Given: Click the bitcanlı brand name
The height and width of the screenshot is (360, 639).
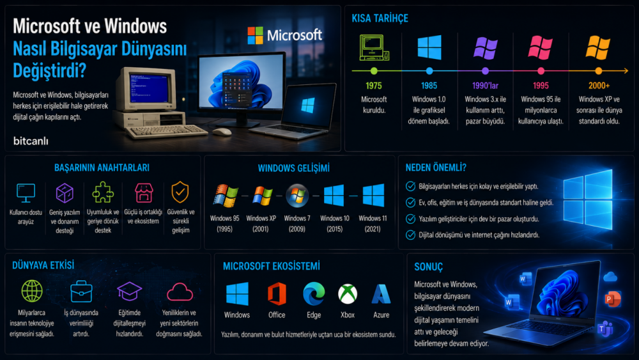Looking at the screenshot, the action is coord(31,141).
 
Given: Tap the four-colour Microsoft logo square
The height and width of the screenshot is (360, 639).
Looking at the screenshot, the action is coord(256,35).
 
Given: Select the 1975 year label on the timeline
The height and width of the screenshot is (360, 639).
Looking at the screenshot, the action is coord(374,86).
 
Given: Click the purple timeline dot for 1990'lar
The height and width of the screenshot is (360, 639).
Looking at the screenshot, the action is coord(485,71).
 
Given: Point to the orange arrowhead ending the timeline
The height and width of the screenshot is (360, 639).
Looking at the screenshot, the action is coord(626,71).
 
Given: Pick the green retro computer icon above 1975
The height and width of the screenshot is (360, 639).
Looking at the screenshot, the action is coord(374,48).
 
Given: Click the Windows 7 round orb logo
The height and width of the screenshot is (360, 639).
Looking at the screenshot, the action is coord(297,195).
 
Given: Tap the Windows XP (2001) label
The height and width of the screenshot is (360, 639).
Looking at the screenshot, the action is coord(261,223).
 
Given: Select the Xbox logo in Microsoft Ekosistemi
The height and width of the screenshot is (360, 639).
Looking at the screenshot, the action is coord(348,294).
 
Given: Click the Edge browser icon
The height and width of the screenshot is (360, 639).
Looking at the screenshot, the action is coord(314,293).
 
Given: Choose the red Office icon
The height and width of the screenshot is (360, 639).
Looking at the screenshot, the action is coord(277,293).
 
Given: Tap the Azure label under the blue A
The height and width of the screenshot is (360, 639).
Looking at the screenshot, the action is coord(381,315).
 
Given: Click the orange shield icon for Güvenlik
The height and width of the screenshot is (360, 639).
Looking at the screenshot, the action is coord(180,192).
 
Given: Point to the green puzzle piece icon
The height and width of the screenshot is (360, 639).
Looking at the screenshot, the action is coord(103,192).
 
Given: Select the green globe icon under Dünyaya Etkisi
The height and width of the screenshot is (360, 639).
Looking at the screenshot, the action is coord(32,291).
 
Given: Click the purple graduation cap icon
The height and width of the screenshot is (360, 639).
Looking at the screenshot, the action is coord(129,291).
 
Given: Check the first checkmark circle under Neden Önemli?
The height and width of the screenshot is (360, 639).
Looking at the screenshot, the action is coord(410,186).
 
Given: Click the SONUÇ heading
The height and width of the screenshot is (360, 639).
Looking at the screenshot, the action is coord(428,267).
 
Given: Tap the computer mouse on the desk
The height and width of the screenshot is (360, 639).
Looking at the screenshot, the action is coord(222,132).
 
